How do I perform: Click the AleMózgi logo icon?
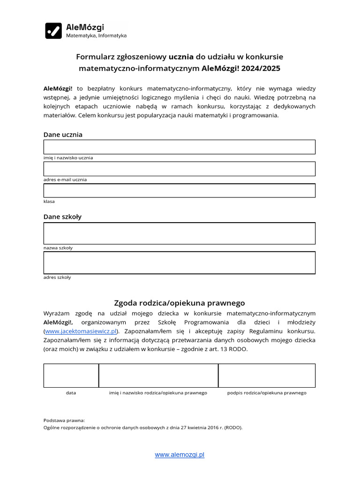pyautogui.click(x=53, y=30)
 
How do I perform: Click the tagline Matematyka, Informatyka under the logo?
pyautogui.click(x=96, y=36)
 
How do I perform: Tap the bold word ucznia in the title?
pyautogui.click(x=181, y=57)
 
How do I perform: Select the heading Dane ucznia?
pyautogui.click(x=63, y=135)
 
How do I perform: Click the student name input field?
pyautogui.click(x=179, y=147)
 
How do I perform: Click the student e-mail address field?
pyautogui.click(x=179, y=169)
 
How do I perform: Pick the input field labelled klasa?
pyautogui.click(x=179, y=190)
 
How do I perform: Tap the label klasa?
pyautogui.click(x=49, y=202)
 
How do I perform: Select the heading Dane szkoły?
pyautogui.click(x=62, y=217)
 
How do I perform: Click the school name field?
pyautogui.click(x=179, y=233)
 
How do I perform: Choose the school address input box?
pyautogui.click(x=179, y=262)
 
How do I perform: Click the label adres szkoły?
pyautogui.click(x=57, y=277)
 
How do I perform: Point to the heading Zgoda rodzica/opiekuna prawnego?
pyautogui.click(x=180, y=303)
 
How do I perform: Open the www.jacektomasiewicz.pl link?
pyautogui.click(x=81, y=331)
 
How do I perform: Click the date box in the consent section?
pyautogui.click(x=71, y=375)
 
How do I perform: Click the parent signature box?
pyautogui.click(x=267, y=375)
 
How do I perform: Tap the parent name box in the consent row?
pyautogui.click(x=158, y=375)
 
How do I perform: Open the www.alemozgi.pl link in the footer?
pyautogui.click(x=180, y=455)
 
